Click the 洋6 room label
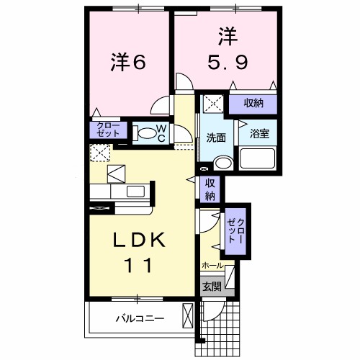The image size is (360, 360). click(x=129, y=63)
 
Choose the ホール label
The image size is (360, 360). click(x=212, y=266)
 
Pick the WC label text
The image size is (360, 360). click(x=162, y=132)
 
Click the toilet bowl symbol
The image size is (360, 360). click(x=145, y=132)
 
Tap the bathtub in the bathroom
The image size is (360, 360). click(x=258, y=158)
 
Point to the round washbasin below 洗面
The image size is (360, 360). click(x=223, y=163)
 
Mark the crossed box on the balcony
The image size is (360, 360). click(x=188, y=317)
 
